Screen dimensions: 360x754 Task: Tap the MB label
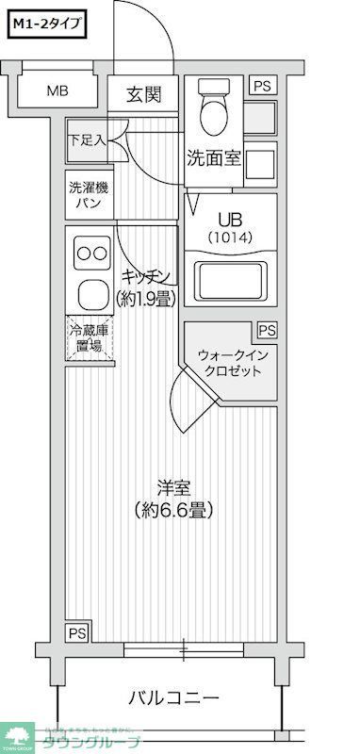click(x=58, y=91)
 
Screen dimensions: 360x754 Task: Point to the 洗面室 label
click(x=213, y=157)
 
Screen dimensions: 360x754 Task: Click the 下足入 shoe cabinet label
click(x=86, y=140)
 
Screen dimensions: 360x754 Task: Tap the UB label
click(x=230, y=218)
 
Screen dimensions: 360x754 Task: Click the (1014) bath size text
click(x=230, y=237)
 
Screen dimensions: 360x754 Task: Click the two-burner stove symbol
click(x=91, y=253)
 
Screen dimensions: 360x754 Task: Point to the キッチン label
click(x=145, y=276)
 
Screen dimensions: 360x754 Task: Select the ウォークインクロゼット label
click(x=230, y=362)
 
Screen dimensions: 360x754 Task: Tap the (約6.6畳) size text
click(x=174, y=511)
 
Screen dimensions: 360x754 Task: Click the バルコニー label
click(x=173, y=698)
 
